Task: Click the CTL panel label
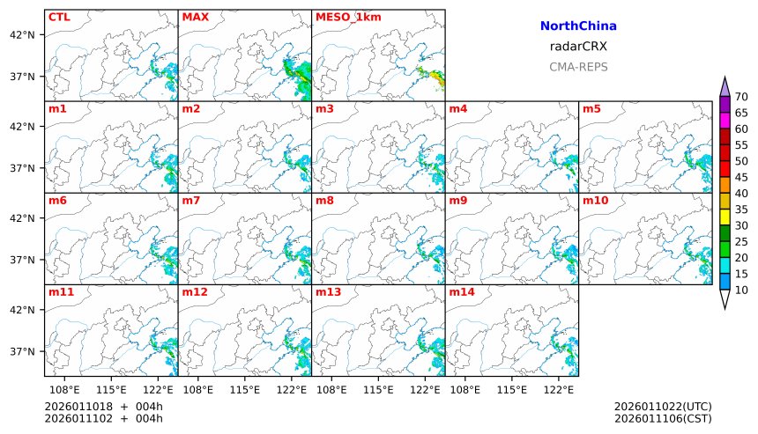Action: pyautogui.click(x=59, y=17)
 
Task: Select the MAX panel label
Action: pyautogui.click(x=195, y=17)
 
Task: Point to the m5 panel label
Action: pyautogui.click(x=591, y=109)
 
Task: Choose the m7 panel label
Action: pyautogui.click(x=190, y=201)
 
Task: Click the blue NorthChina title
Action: pyautogui.click(x=578, y=27)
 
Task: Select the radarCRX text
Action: pyautogui.click(x=578, y=47)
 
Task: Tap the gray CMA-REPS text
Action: pyautogui.click(x=578, y=67)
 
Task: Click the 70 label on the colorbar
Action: pyautogui.click(x=741, y=97)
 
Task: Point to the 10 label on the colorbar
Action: pyautogui.click(x=741, y=290)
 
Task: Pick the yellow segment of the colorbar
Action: pyautogui.click(x=725, y=216)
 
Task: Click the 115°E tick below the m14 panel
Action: pyautogui.click(x=512, y=388)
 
